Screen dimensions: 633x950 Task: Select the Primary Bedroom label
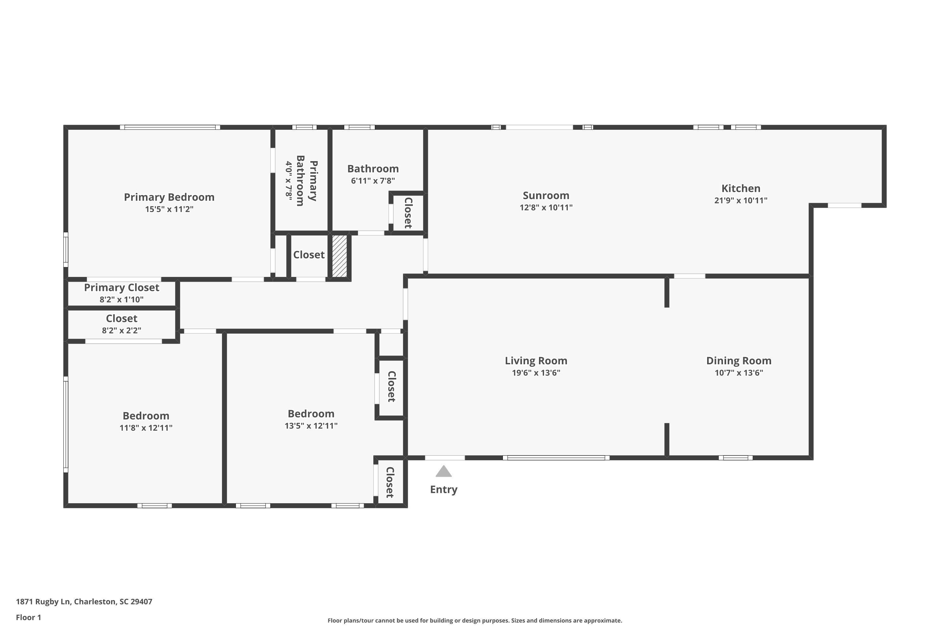click(x=169, y=197)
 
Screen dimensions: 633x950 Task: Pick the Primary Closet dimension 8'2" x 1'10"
click(x=121, y=299)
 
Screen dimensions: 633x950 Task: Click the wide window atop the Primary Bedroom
click(x=170, y=127)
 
